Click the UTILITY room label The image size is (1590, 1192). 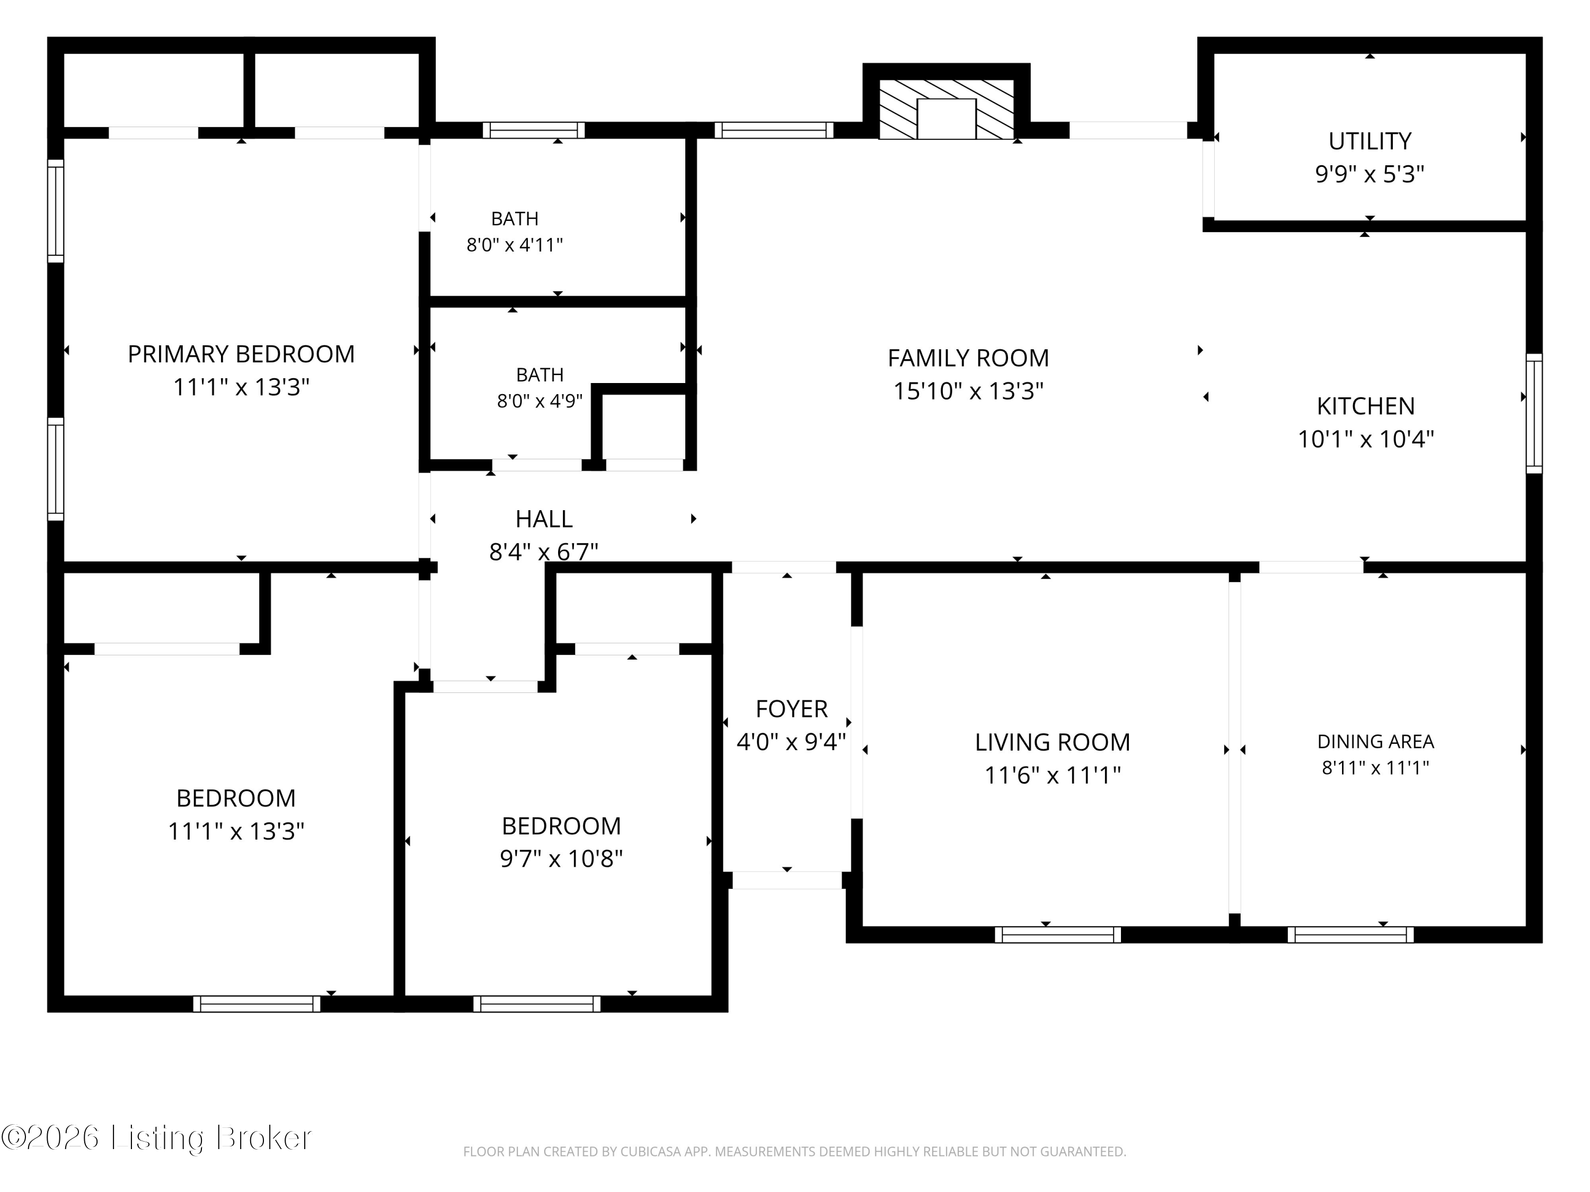pyautogui.click(x=1370, y=141)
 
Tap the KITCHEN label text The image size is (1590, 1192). pyautogui.click(x=1365, y=406)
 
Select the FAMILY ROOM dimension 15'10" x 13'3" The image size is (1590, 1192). pyautogui.click(x=968, y=391)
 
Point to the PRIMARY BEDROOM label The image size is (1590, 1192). pyautogui.click(x=241, y=354)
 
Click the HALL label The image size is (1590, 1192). pyautogui.click(x=543, y=519)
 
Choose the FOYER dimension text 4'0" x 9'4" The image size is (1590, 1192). pyautogui.click(x=791, y=742)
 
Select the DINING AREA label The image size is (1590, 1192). pyautogui.click(x=1375, y=742)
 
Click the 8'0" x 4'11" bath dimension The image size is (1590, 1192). pyautogui.click(x=515, y=245)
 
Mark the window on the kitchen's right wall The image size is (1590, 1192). pyautogui.click(x=1534, y=413)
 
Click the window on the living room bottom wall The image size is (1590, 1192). pyautogui.click(x=1057, y=935)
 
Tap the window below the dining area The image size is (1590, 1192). pyautogui.click(x=1350, y=935)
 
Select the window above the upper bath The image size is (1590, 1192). pyautogui.click(x=533, y=130)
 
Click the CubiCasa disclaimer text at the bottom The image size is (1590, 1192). pyautogui.click(x=794, y=1152)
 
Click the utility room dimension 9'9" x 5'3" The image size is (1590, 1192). pyautogui.click(x=1370, y=174)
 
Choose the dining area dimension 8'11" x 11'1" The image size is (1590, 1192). pyautogui.click(x=1375, y=767)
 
